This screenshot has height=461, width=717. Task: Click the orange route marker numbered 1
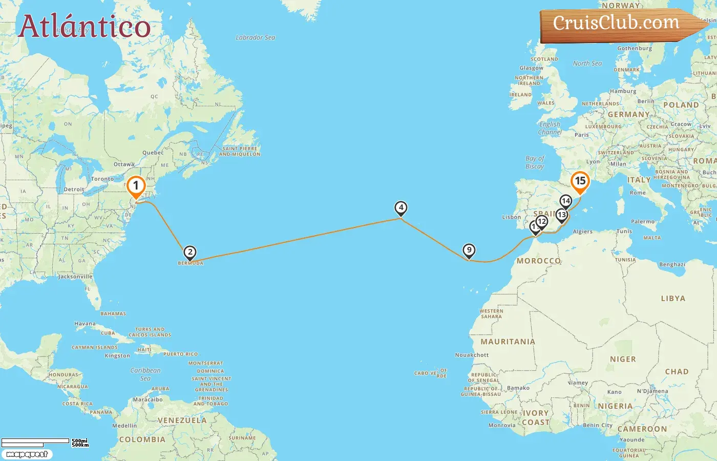click(136, 186)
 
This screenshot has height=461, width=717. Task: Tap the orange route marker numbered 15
click(580, 181)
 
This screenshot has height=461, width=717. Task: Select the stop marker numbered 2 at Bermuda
click(190, 253)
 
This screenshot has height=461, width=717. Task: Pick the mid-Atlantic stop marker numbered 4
click(401, 208)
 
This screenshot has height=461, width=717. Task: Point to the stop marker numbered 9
click(469, 250)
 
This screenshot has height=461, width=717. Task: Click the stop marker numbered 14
click(566, 201)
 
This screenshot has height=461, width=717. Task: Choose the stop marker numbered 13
click(562, 215)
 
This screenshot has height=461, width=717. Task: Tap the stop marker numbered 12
click(542, 222)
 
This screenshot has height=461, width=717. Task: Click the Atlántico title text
click(85, 27)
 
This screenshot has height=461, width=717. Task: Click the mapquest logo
click(27, 454)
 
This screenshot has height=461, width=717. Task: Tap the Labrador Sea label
click(255, 37)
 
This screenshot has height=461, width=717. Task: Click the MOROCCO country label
click(538, 261)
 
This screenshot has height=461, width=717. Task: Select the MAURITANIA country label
click(508, 342)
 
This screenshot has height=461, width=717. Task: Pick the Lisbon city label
click(511, 217)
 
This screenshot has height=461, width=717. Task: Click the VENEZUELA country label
click(182, 421)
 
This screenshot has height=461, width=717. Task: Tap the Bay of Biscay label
click(535, 162)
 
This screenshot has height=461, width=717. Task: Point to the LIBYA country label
click(673, 298)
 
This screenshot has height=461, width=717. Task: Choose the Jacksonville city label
click(75, 277)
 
